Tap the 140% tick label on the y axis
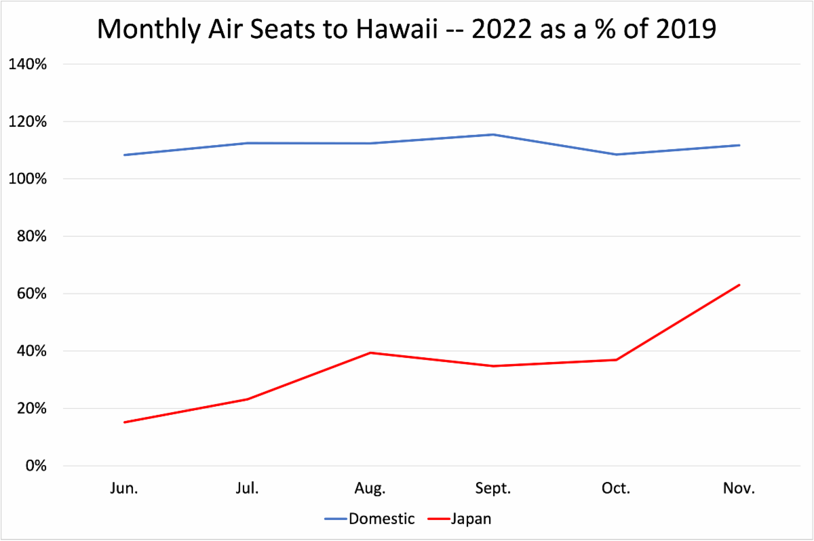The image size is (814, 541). (27, 64)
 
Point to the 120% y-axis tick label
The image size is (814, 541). (27, 122)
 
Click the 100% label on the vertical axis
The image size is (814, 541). (27, 179)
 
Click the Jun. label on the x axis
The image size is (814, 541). (123, 489)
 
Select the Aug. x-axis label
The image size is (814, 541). (370, 489)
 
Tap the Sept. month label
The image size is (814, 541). (493, 489)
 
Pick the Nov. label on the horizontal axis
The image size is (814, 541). (739, 489)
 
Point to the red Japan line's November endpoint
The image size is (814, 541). (739, 285)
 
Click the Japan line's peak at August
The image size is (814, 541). (370, 353)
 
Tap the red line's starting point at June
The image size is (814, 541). (124, 422)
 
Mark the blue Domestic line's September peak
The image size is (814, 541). (493, 134)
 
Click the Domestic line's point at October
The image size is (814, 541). (616, 155)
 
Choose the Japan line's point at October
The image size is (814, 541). (616, 359)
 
